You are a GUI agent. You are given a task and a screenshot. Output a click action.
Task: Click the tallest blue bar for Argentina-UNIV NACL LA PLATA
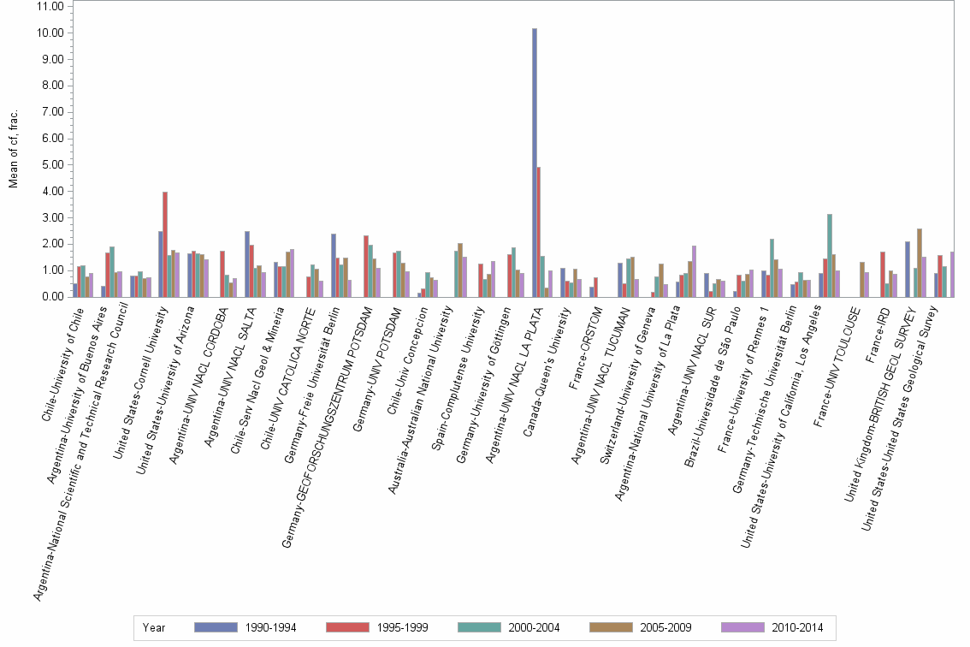(x=535, y=163)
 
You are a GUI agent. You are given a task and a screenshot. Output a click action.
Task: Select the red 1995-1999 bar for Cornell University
(x=165, y=245)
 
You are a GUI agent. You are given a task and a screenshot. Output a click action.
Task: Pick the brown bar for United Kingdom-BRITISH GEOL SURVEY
(x=920, y=263)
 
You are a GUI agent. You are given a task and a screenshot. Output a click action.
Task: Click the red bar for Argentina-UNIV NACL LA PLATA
(x=539, y=232)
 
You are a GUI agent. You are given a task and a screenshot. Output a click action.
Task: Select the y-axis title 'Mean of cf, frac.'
(x=14, y=149)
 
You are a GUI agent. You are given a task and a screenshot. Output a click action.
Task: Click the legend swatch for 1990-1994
(x=216, y=627)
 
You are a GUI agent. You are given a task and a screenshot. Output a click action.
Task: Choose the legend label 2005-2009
(x=665, y=627)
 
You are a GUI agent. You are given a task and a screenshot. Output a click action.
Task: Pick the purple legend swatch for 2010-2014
(x=742, y=627)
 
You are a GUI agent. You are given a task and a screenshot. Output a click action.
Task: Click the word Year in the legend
(x=154, y=628)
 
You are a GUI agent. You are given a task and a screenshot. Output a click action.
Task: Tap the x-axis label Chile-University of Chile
(x=62, y=365)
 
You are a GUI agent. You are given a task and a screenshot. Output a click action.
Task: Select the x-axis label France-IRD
(x=878, y=335)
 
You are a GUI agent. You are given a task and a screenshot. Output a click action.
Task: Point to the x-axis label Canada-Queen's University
(x=547, y=371)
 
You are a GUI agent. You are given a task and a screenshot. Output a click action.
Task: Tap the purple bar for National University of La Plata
(x=694, y=271)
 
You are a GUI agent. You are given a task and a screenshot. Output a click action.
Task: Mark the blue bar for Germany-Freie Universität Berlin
(x=334, y=265)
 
